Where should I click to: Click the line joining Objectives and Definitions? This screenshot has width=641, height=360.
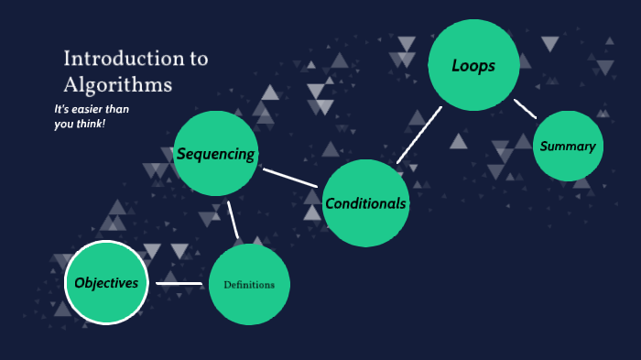[179, 283]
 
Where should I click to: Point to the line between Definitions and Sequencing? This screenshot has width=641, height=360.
[233, 220]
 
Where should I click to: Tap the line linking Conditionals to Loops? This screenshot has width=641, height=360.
[419, 135]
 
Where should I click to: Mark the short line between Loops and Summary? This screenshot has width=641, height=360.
[525, 109]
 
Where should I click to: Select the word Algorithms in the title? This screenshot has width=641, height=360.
[118, 85]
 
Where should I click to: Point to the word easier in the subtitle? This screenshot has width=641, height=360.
[92, 110]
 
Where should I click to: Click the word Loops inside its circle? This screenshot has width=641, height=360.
[473, 65]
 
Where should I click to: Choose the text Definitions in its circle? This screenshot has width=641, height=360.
[249, 285]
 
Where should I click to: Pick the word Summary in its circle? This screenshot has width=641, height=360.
[568, 147]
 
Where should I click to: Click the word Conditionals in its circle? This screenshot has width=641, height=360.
[365, 203]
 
